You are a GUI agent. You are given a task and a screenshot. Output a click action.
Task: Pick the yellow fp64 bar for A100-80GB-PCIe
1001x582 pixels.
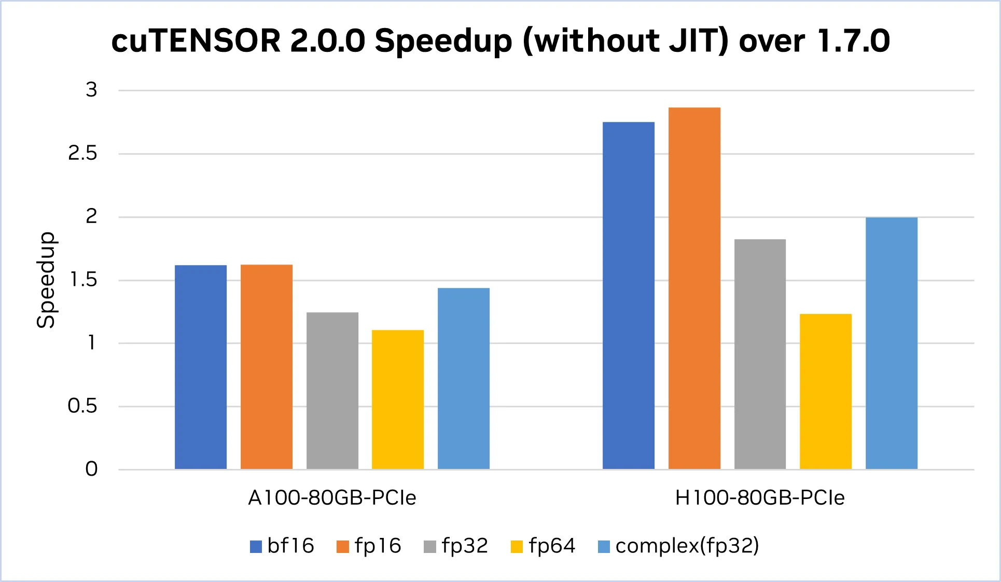coord(398,399)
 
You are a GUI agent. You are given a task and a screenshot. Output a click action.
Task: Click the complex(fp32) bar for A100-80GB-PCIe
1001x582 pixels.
coord(464,379)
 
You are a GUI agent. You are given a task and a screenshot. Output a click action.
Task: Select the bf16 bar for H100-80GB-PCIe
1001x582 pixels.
coord(629,296)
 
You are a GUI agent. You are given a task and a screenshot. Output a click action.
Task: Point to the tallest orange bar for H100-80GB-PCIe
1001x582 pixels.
coord(694,288)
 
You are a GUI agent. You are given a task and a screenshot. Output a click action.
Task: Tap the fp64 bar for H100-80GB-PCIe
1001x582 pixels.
coord(826,392)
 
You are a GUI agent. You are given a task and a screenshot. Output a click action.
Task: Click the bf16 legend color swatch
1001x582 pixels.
coord(256,547)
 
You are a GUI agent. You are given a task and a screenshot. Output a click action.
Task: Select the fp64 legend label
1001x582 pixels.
coord(552,546)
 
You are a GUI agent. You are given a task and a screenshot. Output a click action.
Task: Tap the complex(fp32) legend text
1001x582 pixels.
coord(687,546)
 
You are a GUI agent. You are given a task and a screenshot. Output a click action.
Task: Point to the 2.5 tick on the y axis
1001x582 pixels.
coord(82,154)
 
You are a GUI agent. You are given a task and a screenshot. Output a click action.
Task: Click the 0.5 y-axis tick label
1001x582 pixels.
coord(82,406)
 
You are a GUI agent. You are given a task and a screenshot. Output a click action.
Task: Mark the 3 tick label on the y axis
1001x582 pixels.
coord(91,90)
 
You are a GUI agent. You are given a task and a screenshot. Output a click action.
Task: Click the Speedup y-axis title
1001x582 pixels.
coord(46,280)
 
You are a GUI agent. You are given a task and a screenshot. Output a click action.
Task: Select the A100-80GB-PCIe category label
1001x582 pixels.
coord(332,498)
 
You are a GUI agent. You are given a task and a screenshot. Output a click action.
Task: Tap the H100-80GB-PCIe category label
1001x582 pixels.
coord(760,498)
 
